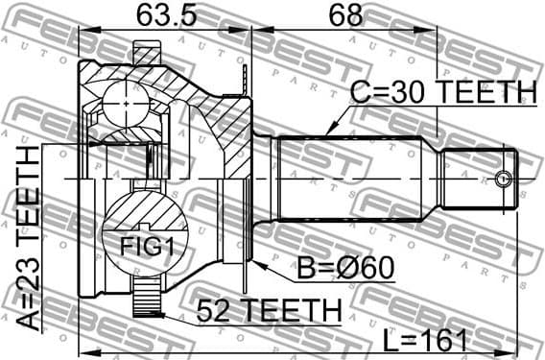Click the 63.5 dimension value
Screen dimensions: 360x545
(158, 15)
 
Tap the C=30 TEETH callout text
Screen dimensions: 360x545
(440, 92)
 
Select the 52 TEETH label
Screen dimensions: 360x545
(269, 312)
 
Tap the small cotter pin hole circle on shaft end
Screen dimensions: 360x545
(503, 178)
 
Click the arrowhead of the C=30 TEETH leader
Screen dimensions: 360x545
(328, 132)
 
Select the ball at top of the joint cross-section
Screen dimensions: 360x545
(128, 98)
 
